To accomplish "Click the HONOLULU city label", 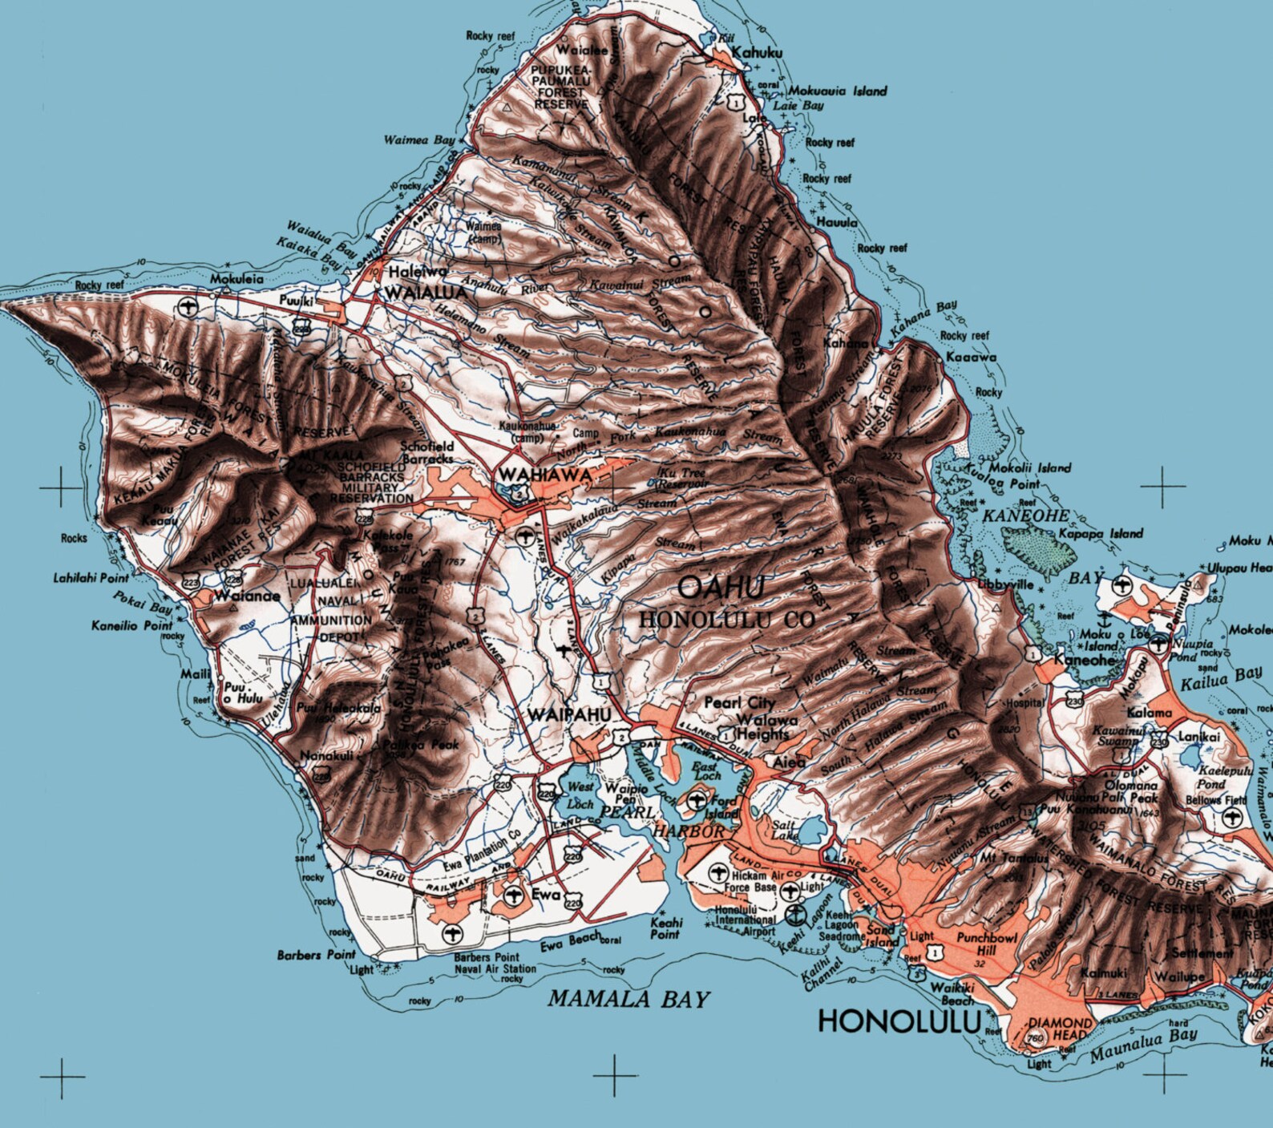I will tap(899, 1021).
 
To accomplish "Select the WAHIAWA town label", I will tap(544, 475).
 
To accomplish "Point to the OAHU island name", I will tap(721, 588).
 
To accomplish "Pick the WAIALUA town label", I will tap(425, 293).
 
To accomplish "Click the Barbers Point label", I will tap(316, 955).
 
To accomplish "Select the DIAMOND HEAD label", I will tap(1060, 1029).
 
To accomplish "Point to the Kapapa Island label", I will tap(1101, 533).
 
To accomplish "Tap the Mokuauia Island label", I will tap(837, 91).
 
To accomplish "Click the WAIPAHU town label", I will tap(570, 714).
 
